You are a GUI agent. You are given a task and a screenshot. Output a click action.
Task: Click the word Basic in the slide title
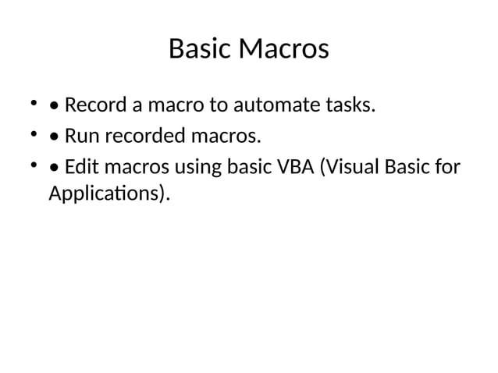[x=198, y=50]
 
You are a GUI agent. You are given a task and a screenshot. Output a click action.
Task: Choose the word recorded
[x=139, y=137]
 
